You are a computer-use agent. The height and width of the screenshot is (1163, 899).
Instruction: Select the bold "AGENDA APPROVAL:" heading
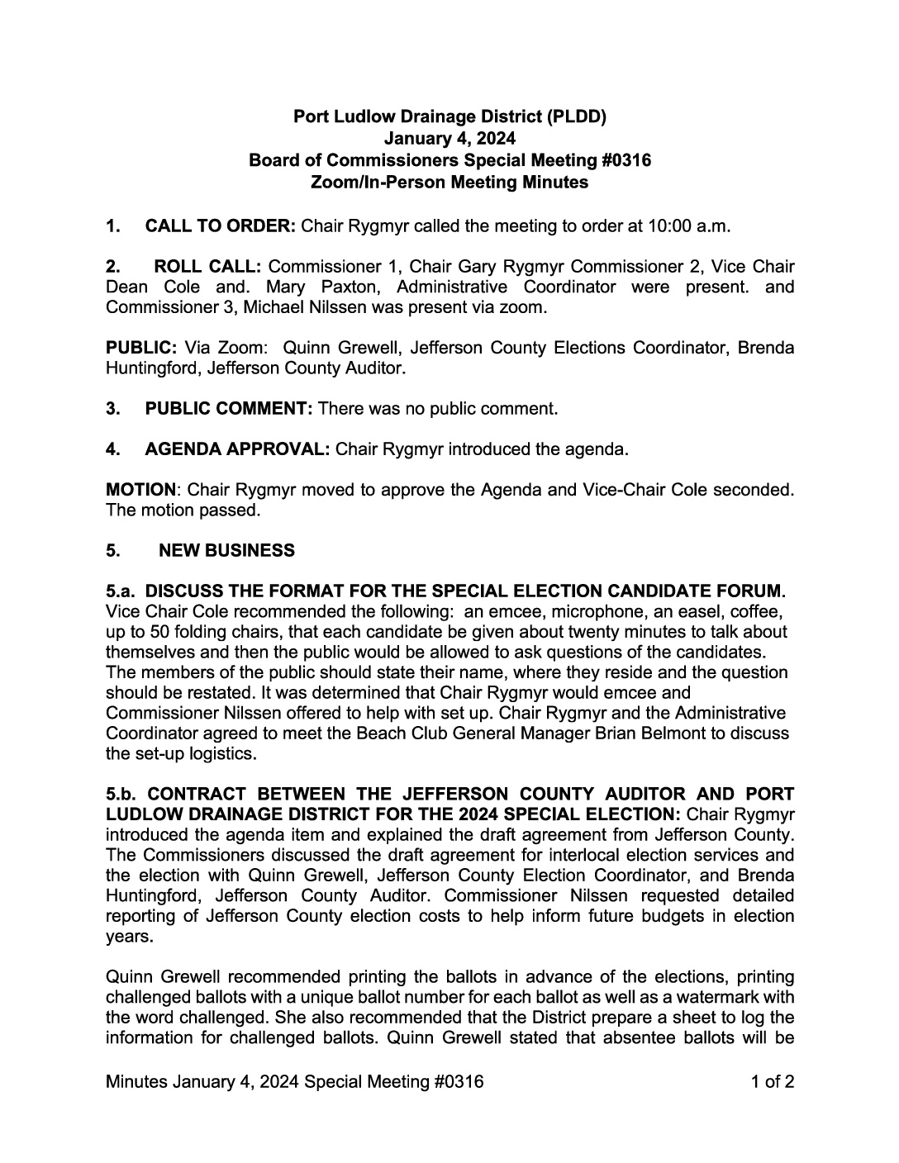pos(238,450)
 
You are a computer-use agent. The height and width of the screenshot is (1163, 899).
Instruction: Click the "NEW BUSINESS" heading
pos(226,550)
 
